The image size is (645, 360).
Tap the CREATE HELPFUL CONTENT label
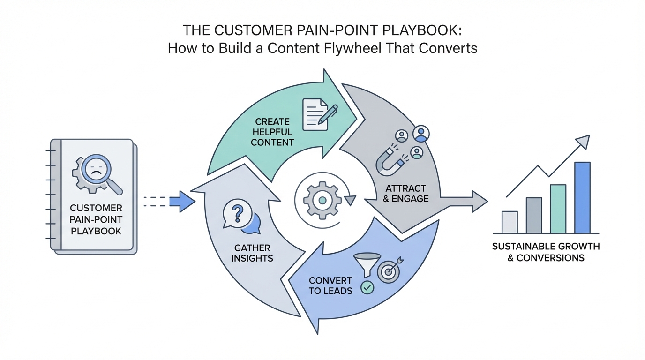(272, 132)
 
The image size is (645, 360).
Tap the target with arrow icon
(389, 271)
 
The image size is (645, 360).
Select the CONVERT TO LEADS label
(330, 285)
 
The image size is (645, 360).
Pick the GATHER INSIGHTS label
(252, 253)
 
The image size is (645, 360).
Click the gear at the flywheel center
(322, 200)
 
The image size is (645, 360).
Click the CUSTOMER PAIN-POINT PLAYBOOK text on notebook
(96, 219)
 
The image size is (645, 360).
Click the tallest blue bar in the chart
(582, 197)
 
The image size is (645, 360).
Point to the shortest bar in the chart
(510, 222)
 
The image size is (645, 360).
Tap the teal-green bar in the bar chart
(558, 209)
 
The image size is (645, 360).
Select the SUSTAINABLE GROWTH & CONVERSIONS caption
(546, 252)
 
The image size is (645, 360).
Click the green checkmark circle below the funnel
(367, 287)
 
